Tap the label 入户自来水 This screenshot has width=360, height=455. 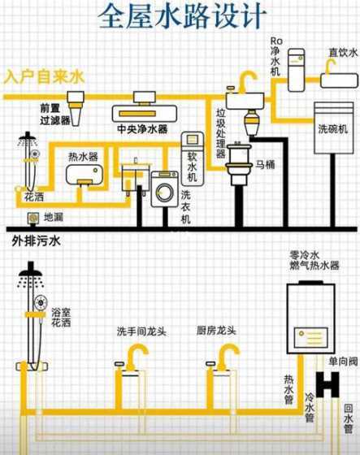click(44, 77)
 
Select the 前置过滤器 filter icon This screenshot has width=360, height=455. click(78, 102)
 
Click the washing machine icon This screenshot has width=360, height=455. click(165, 193)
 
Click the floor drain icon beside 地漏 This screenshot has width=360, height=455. click(33, 218)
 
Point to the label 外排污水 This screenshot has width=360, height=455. click(36, 241)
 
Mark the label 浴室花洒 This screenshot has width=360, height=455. click(61, 317)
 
